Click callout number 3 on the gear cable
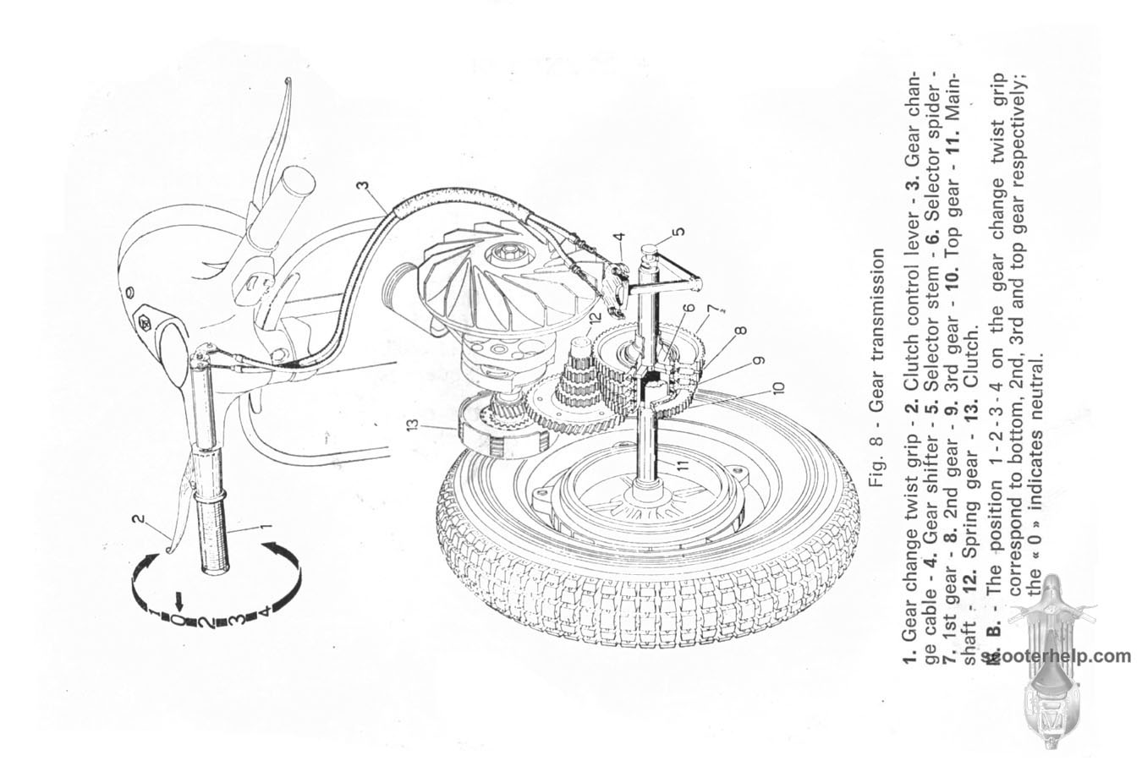point(362,184)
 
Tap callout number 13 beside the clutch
point(413,424)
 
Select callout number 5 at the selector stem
point(678,232)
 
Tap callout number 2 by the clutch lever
point(137,519)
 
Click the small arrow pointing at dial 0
point(178,602)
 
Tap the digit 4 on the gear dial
point(265,610)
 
